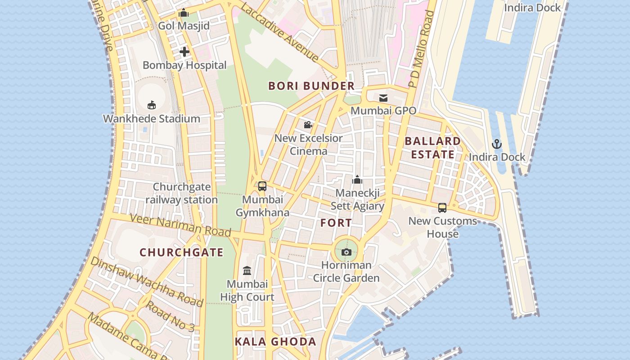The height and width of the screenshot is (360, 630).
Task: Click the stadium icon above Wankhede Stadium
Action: pyautogui.click(x=152, y=105)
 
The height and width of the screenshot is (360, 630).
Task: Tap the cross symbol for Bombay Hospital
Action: pyautogui.click(x=184, y=52)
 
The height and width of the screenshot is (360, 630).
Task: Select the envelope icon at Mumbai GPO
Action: pyautogui.click(x=383, y=98)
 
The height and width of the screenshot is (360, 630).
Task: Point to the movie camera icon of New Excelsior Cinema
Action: pyautogui.click(x=308, y=125)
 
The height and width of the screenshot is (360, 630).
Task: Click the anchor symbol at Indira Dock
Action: pyautogui.click(x=497, y=144)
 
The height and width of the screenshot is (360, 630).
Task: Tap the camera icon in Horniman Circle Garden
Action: pyautogui.click(x=346, y=252)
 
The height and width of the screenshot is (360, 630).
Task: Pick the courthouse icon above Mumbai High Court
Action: pyautogui.click(x=247, y=271)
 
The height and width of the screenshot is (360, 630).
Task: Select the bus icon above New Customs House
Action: pyautogui.click(x=442, y=208)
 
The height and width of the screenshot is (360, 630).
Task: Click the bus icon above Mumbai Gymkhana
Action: pyautogui.click(x=262, y=186)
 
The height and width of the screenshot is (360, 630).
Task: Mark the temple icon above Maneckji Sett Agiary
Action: pyautogui.click(x=357, y=180)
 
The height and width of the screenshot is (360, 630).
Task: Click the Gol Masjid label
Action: pyautogui.click(x=184, y=26)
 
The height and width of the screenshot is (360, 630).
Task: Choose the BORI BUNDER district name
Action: pyautogui.click(x=311, y=86)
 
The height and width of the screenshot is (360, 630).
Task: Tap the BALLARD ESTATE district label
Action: pyautogui.click(x=432, y=148)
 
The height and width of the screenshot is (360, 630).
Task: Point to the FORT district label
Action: pyautogui.click(x=336, y=223)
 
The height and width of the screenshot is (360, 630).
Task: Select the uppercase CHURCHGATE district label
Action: pyautogui.click(x=181, y=252)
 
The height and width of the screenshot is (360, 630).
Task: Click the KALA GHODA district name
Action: pyautogui.click(x=275, y=342)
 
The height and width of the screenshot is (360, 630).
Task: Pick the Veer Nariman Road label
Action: pyautogui.click(x=180, y=225)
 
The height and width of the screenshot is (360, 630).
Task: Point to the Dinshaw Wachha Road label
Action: pyautogui.click(x=147, y=281)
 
